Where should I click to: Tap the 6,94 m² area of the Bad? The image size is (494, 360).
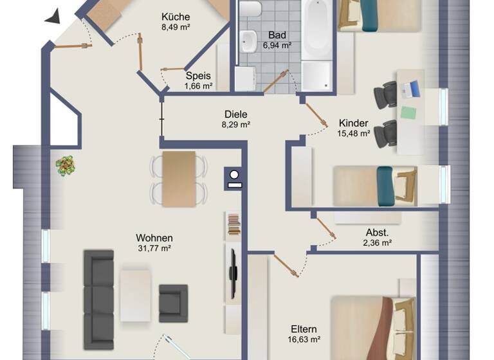[277, 46]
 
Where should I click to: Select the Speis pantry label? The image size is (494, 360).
[199, 75]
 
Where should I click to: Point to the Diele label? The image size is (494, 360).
[236, 114]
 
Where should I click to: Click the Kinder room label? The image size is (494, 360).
[354, 123]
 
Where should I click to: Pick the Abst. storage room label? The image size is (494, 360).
[377, 232]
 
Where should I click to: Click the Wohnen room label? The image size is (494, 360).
[154, 237]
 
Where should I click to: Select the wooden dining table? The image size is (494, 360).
[178, 178]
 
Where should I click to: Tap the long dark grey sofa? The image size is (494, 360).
[98, 300]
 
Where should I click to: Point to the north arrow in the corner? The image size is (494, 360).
[53, 17]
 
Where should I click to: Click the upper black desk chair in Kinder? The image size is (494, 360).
[386, 95]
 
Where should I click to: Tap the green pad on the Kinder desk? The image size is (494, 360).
[408, 113]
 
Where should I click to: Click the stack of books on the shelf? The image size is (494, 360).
[233, 223]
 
